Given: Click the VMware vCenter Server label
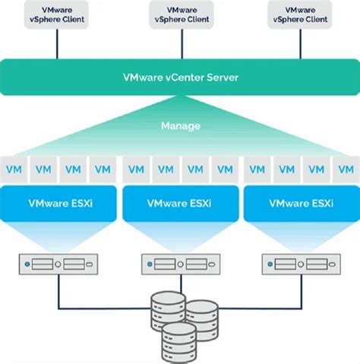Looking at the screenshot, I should (180, 78).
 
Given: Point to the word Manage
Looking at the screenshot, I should (180, 125).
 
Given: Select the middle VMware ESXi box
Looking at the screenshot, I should (180, 203).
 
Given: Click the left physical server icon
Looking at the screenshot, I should (58, 264).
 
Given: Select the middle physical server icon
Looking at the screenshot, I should (180, 264).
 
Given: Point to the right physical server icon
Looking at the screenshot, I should (302, 264).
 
